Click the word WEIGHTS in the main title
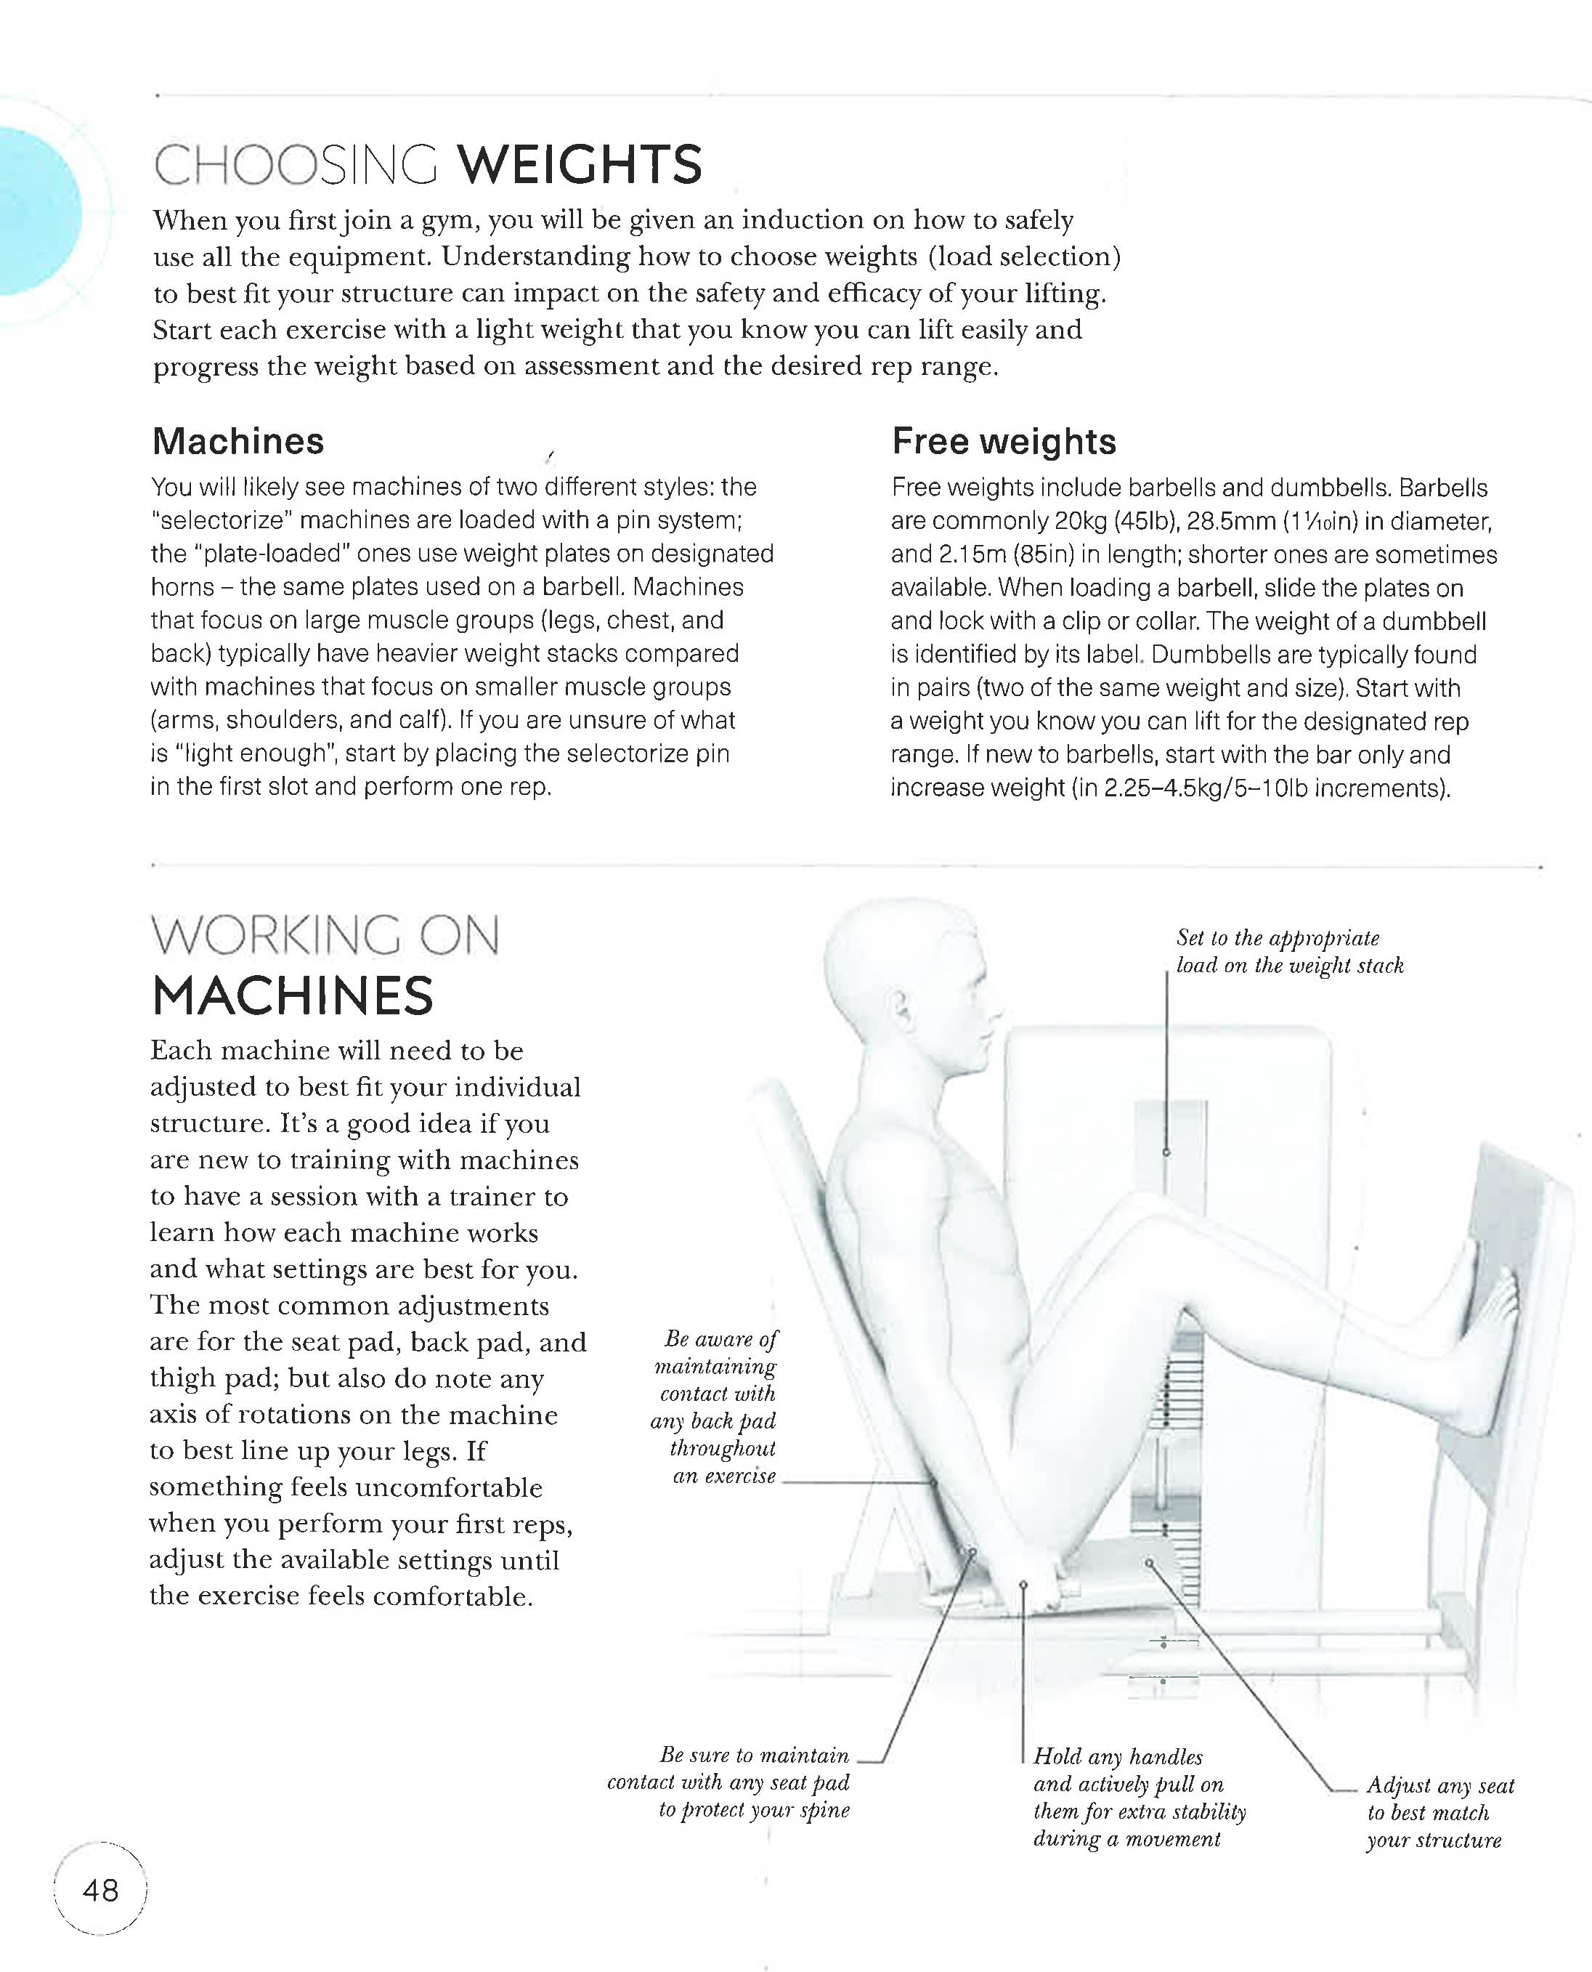[579, 165]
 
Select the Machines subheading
[237, 441]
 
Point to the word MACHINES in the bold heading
[292, 996]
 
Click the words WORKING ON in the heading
[325, 936]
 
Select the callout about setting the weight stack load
[1288, 951]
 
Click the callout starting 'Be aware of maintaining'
[716, 1406]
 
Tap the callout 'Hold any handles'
[1138, 1797]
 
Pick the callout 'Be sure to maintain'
[755, 1782]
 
